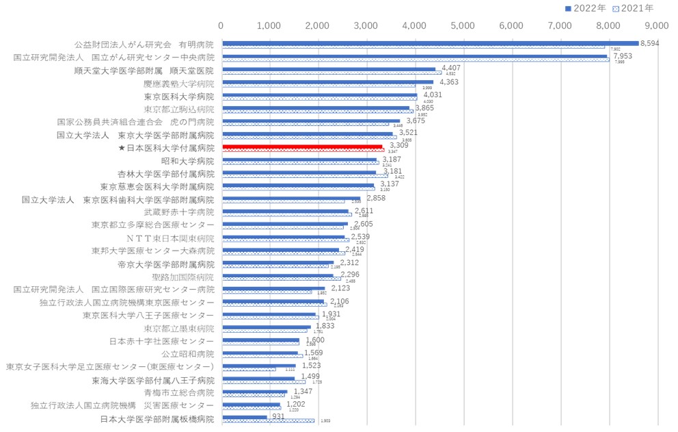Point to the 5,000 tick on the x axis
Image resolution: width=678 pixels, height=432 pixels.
tap(463, 25)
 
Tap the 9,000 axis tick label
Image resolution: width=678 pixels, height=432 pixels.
tap(656, 25)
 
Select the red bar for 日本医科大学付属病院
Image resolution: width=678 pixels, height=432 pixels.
tap(302, 147)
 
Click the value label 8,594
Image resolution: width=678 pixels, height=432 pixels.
tap(649, 42)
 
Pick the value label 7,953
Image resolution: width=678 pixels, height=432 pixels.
tap(623, 56)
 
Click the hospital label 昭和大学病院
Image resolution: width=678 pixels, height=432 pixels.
tap(187, 161)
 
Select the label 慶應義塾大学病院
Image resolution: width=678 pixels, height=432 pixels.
tap(178, 84)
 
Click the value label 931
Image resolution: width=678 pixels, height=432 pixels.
tap(278, 416)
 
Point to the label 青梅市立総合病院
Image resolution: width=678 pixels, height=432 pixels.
tap(178, 393)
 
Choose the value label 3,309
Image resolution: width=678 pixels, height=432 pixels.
tap(399, 146)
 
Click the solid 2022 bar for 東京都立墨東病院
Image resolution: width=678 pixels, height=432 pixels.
tap(267, 327)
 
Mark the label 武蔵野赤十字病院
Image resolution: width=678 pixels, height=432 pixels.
tap(178, 212)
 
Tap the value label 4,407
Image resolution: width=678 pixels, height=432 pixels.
tap(451, 68)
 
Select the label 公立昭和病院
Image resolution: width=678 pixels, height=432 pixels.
tap(187, 354)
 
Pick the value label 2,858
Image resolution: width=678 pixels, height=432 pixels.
tap(376, 198)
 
